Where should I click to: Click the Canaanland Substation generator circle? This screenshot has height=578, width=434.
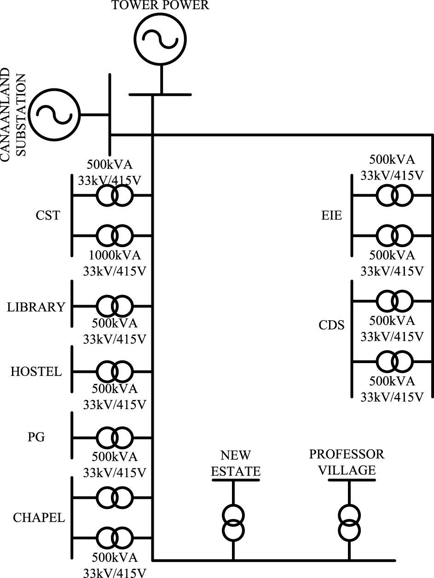click(x=54, y=113)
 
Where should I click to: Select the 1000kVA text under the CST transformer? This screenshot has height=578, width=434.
click(x=115, y=255)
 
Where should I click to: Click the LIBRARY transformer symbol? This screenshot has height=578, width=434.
click(x=115, y=306)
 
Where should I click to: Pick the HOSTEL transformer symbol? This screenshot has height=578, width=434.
click(x=115, y=371)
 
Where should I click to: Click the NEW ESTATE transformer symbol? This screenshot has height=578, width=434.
click(x=233, y=522)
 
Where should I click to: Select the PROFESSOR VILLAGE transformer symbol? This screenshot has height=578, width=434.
click(x=350, y=522)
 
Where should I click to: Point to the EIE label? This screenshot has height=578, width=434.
click(x=331, y=215)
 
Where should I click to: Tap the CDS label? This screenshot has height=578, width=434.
click(x=331, y=325)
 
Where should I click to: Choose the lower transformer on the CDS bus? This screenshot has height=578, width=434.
click(x=394, y=361)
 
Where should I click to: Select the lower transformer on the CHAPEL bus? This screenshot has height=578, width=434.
click(x=115, y=538)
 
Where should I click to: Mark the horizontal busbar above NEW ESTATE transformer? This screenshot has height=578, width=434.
click(x=236, y=480)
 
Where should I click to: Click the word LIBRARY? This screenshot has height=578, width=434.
click(x=36, y=307)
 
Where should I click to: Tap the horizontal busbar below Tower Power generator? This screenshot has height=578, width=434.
click(x=160, y=95)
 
